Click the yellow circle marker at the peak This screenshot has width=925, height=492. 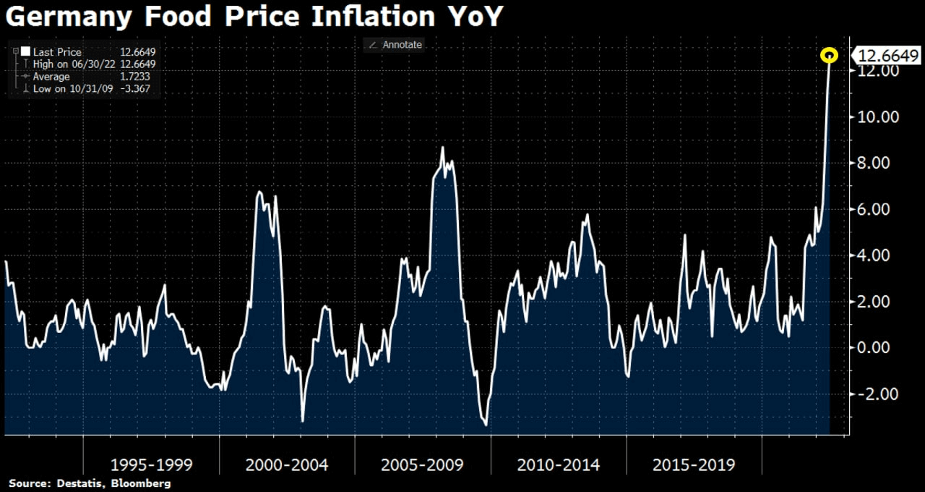tap(830, 55)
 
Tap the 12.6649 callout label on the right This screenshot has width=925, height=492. tap(888, 56)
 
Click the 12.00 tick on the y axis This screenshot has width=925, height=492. tap(877, 71)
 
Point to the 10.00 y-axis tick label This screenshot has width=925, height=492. tap(877, 116)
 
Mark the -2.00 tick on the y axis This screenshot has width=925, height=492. tap(877, 394)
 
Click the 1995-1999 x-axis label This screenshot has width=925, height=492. tap(151, 465)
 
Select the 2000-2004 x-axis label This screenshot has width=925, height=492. tap(287, 465)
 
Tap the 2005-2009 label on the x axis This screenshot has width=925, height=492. tap(422, 465)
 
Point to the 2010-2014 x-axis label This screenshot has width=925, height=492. tap(558, 465)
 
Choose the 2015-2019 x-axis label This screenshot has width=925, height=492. tap(694, 465)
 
